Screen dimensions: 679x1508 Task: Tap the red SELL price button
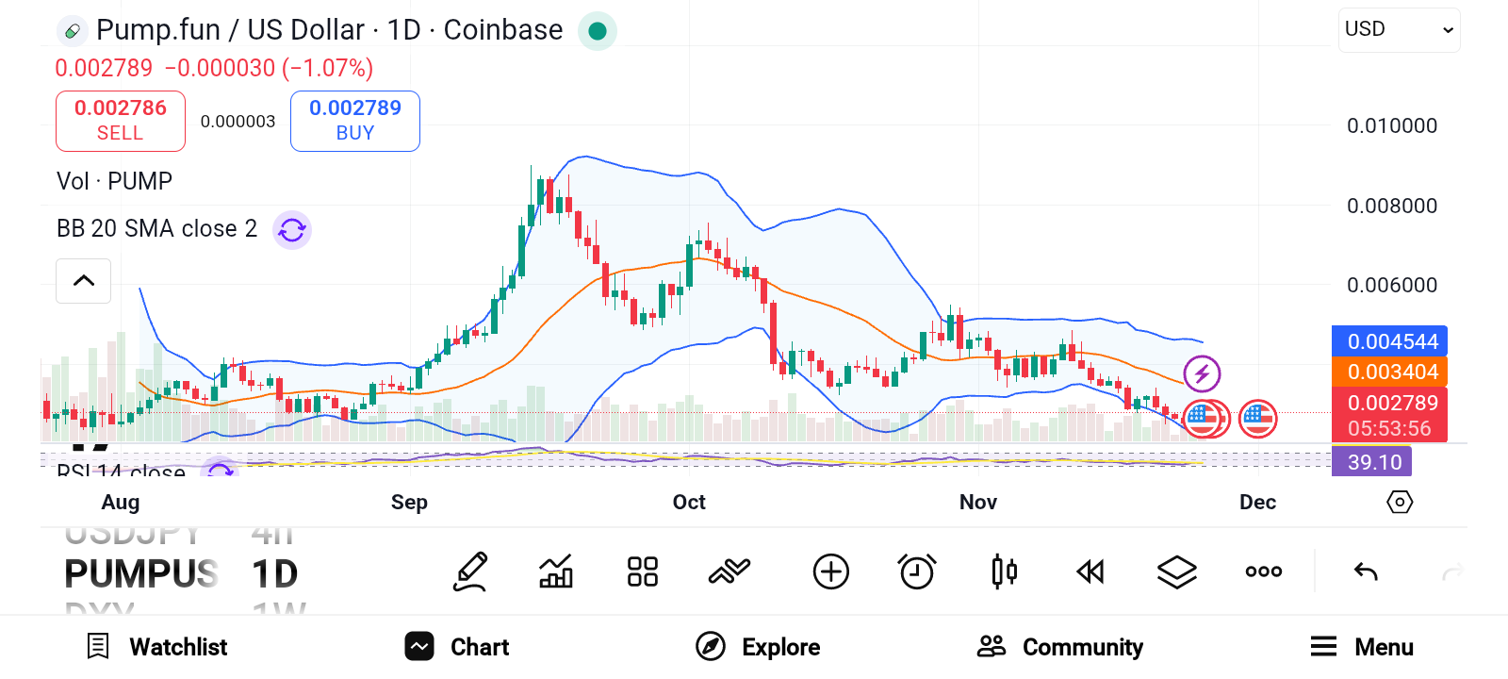tap(121, 121)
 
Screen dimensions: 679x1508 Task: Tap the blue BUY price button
tap(355, 121)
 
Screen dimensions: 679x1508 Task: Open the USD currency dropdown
tap(1399, 30)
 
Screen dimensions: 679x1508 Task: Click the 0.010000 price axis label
tap(1391, 126)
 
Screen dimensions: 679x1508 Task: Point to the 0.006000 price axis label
tap(1391, 286)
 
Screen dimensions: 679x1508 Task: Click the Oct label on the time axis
tap(689, 502)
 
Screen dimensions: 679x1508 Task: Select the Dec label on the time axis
tap(1257, 502)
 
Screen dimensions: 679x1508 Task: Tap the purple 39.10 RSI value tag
tap(1373, 462)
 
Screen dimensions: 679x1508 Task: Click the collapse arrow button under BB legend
tap(84, 281)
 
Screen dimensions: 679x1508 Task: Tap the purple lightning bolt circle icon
tap(1202, 374)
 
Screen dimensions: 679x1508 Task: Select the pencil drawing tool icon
tap(470, 571)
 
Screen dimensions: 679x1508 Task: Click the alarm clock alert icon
tap(916, 571)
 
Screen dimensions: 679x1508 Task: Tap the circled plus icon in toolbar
tap(830, 571)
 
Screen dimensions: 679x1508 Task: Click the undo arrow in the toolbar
tap(1366, 571)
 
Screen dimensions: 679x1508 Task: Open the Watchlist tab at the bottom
tap(157, 647)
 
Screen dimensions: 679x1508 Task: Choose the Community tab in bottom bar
tap(1060, 647)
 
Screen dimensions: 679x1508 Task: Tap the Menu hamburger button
tap(1361, 647)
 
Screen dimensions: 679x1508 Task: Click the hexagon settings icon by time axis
tap(1400, 502)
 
